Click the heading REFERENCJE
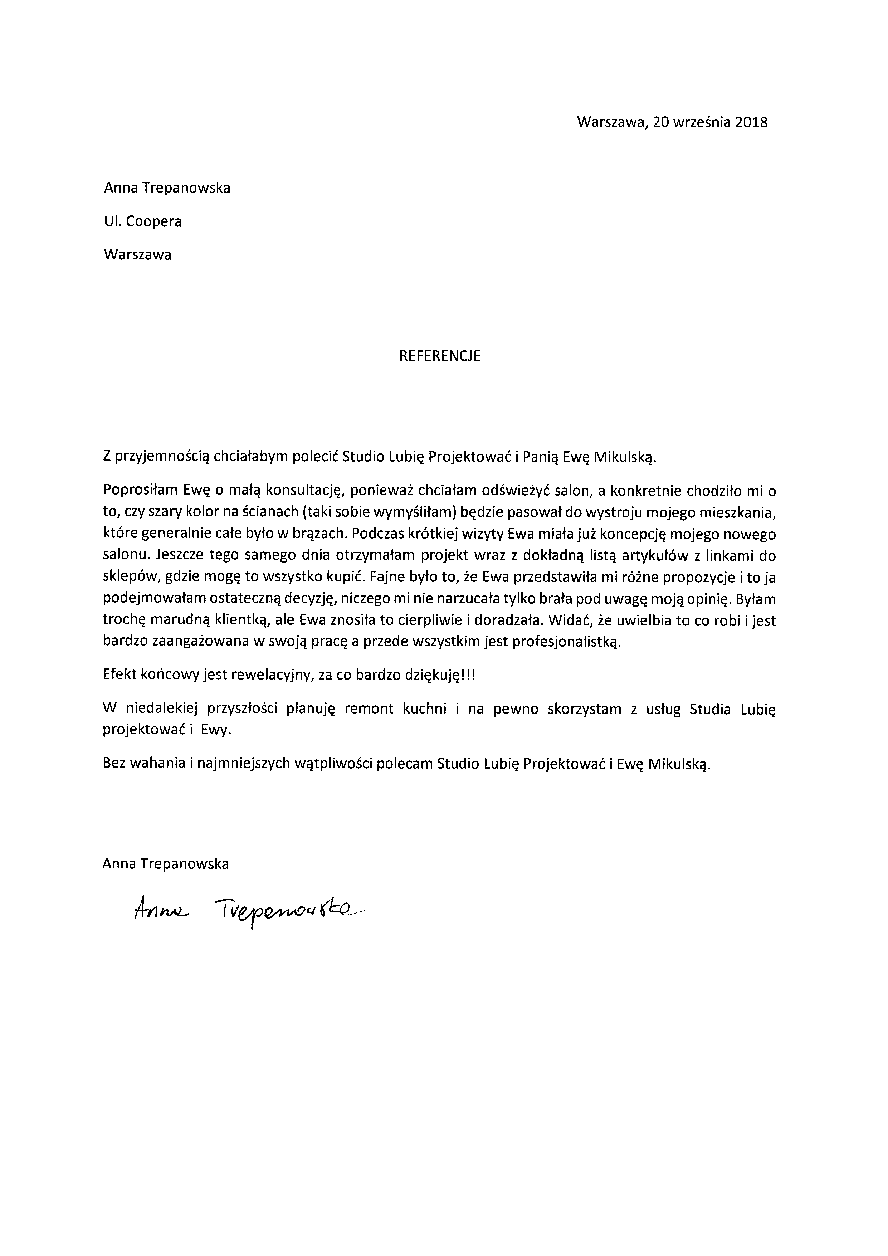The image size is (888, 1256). pos(440,356)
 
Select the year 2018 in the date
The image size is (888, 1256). pos(751,122)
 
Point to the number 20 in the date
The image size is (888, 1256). pos(660,122)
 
